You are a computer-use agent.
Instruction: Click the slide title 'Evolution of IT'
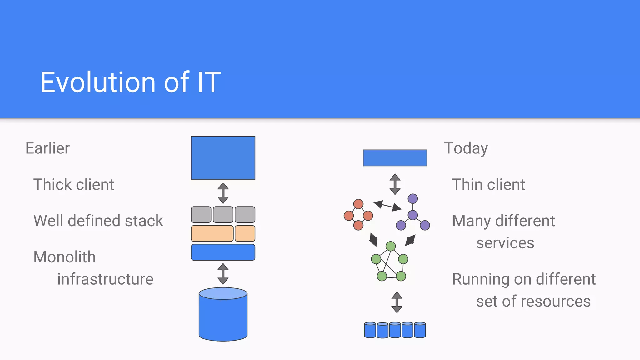click(x=130, y=82)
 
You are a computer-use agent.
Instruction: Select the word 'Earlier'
click(x=47, y=148)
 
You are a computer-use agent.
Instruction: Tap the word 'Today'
click(x=466, y=148)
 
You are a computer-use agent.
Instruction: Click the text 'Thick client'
click(x=73, y=184)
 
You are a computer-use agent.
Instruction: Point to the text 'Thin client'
click(x=488, y=184)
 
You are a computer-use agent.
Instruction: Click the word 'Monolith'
click(x=64, y=257)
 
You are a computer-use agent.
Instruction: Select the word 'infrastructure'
click(x=105, y=279)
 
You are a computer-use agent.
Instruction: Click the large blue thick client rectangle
click(x=223, y=158)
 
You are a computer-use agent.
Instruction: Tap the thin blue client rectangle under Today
click(x=395, y=158)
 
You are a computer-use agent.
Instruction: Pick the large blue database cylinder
click(x=223, y=316)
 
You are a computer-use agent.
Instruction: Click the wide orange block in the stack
click(x=212, y=233)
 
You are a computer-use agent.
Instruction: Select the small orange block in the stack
click(x=245, y=233)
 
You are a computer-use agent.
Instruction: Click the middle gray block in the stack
click(x=223, y=215)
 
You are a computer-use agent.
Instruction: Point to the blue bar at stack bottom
click(x=223, y=252)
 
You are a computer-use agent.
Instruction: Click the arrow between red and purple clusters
click(x=387, y=206)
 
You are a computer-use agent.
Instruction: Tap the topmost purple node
click(x=413, y=199)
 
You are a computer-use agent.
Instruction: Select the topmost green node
click(x=391, y=246)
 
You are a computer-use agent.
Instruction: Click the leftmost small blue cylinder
click(x=370, y=330)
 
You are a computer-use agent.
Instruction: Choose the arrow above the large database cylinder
click(x=223, y=274)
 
